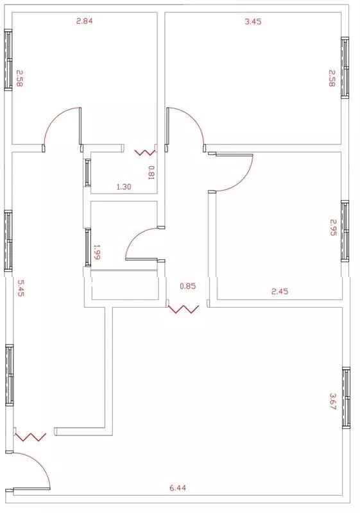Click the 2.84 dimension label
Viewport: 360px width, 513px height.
pyautogui.click(x=85, y=21)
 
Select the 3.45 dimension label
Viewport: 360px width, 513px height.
pyautogui.click(x=253, y=22)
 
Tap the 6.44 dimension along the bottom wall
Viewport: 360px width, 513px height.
pyautogui.click(x=178, y=488)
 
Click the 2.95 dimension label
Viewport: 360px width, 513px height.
pyautogui.click(x=333, y=228)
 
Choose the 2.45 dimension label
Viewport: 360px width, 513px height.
pyautogui.click(x=280, y=291)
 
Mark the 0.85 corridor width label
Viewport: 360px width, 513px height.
pyautogui.click(x=188, y=286)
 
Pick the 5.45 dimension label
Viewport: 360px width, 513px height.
pyautogui.click(x=21, y=288)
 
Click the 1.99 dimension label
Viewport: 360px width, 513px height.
pyautogui.click(x=97, y=252)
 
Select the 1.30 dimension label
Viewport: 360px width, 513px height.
pyautogui.click(x=124, y=187)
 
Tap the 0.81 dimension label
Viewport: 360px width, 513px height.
pyautogui.click(x=151, y=172)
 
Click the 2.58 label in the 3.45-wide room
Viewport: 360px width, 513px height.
pyautogui.click(x=332, y=78)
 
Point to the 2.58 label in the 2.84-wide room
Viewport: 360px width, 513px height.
pyautogui.click(x=19, y=78)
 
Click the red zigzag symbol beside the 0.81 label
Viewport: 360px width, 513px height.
pyautogui.click(x=146, y=153)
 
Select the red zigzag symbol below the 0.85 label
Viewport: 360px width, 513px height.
pyautogui.click(x=184, y=309)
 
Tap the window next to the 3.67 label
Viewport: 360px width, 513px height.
pyautogui.click(x=346, y=398)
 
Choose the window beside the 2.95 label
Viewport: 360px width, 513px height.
pyautogui.click(x=345, y=231)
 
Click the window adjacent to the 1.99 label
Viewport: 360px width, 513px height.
pyautogui.click(x=87, y=248)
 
